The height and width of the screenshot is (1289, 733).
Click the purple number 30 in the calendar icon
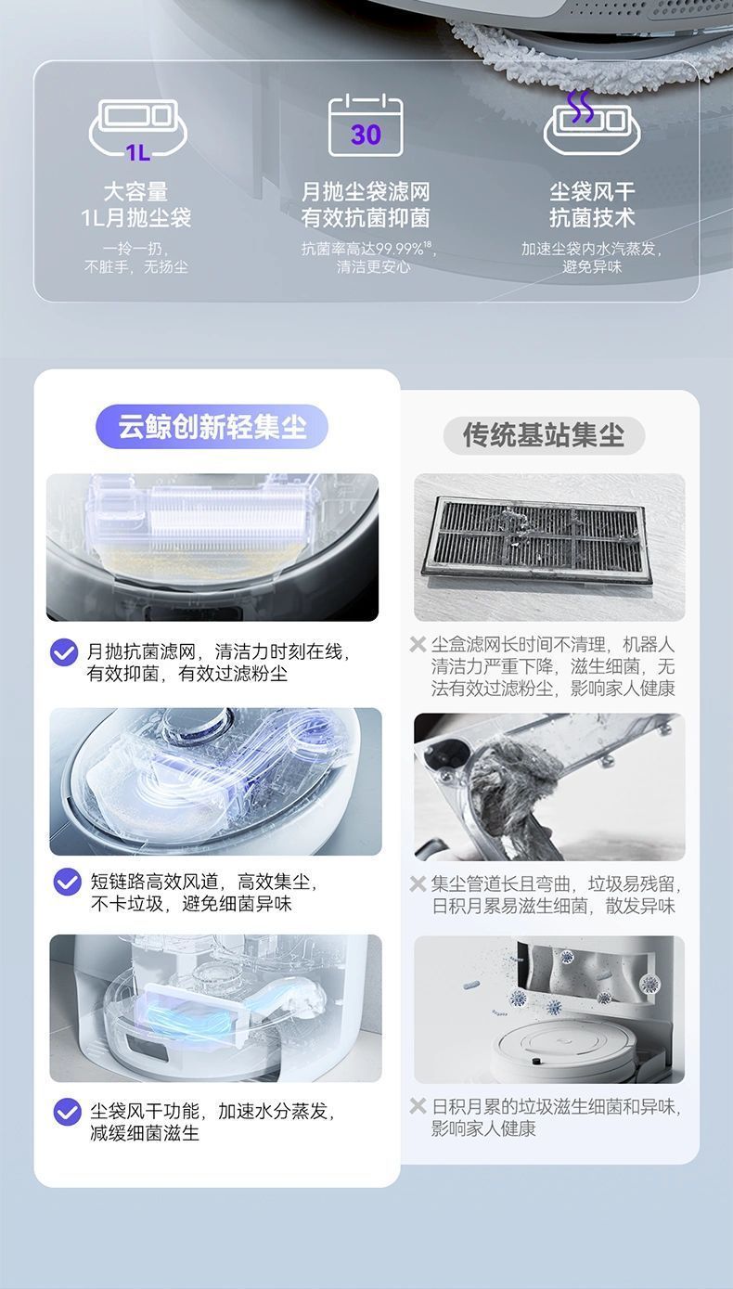366,135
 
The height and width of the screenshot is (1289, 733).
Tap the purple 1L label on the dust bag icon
138,152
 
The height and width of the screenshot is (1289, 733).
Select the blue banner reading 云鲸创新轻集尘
212,426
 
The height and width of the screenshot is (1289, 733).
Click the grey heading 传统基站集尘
544,434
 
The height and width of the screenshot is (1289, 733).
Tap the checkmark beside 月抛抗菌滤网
64,652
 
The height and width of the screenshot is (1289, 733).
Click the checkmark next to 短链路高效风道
68,882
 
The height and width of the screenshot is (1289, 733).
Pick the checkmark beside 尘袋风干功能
68,1112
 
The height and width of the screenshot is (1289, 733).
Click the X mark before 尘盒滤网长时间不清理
418,644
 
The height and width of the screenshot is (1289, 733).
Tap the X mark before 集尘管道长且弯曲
418,883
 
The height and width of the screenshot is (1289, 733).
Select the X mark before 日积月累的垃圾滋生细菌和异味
418,1105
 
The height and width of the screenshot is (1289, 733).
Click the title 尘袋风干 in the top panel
592,191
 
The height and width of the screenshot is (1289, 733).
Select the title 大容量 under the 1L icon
135,191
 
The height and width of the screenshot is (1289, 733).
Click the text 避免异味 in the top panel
592,266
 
